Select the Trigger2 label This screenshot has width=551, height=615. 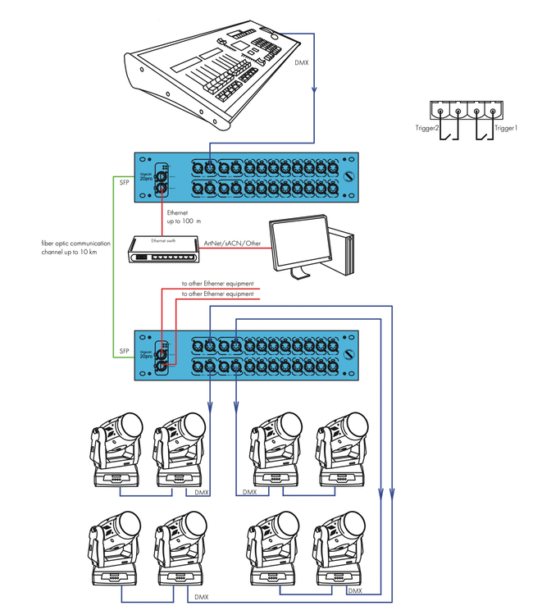[x=427, y=129]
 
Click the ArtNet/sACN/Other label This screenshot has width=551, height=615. [x=232, y=244]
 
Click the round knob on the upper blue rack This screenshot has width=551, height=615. [x=349, y=179]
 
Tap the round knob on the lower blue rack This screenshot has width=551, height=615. [x=349, y=354]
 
